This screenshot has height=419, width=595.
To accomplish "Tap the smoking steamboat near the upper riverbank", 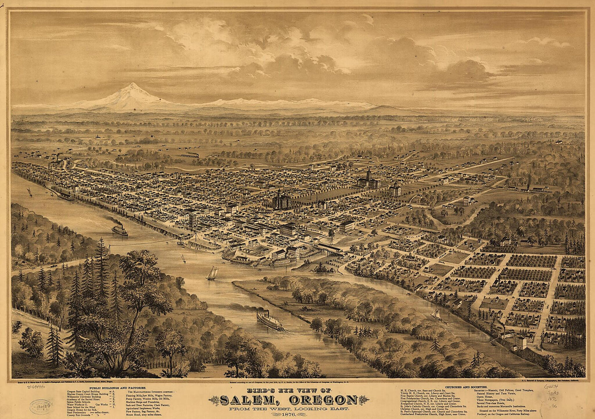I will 120,230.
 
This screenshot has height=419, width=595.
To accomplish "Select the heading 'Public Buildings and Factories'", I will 117,387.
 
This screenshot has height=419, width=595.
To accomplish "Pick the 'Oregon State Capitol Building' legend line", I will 86,391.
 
